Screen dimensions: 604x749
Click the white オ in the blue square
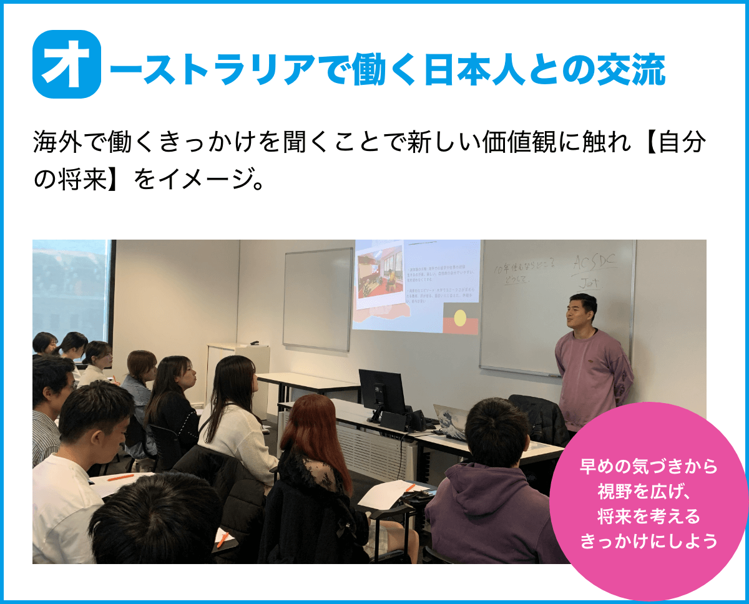(66, 64)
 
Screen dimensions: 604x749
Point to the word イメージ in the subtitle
(200, 180)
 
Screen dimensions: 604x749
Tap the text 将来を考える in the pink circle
(649, 517)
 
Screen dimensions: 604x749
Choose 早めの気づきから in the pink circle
(649, 467)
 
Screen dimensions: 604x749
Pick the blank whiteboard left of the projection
(318, 298)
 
